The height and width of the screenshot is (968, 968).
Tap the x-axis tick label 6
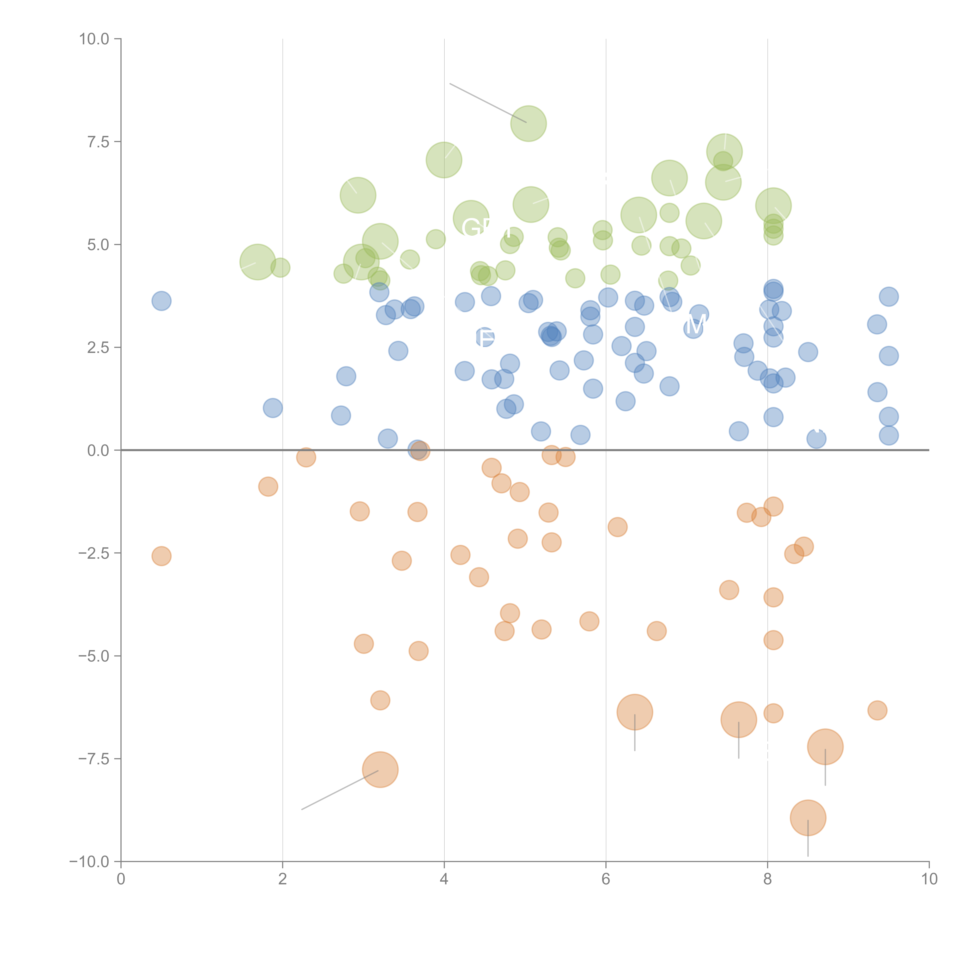pyautogui.click(x=606, y=879)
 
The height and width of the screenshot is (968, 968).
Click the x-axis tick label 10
pyautogui.click(x=929, y=879)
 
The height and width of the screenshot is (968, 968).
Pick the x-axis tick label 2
pyautogui.click(x=283, y=879)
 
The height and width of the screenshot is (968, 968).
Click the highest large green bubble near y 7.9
pyautogui.click(x=529, y=124)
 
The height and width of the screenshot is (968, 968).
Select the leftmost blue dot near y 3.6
pyautogui.click(x=161, y=301)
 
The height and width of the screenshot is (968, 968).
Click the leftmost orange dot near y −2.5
pyautogui.click(x=161, y=556)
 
